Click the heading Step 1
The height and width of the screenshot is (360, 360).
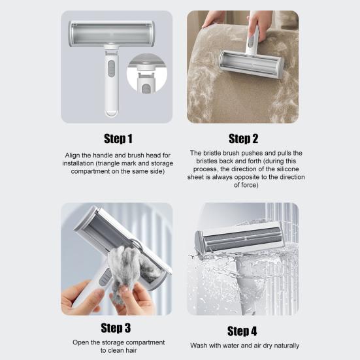pos(118,139)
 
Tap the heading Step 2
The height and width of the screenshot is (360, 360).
pos(243,139)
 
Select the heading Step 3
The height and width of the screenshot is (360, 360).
pos(116,327)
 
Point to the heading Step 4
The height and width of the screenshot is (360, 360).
pos(242,331)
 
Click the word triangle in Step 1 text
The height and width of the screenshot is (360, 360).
pos(108,163)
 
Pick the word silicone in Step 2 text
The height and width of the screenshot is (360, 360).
pos(288,169)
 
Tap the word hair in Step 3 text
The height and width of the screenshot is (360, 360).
pos(131,350)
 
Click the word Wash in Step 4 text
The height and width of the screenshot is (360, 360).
pos(199,346)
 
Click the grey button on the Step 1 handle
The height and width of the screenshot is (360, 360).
pos(111,69)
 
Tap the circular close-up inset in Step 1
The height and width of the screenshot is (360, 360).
pos(147,73)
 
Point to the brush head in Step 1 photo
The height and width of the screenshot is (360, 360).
pos(112,34)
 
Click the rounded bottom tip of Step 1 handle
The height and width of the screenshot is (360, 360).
pos(112,113)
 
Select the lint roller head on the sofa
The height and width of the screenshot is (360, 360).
pos(252,64)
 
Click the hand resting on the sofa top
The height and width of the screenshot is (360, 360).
pos(214,20)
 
